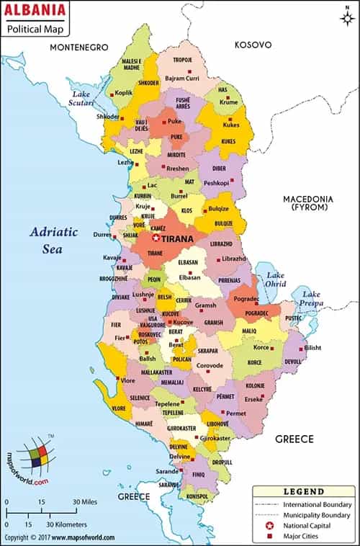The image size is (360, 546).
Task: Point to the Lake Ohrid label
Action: click(276, 280)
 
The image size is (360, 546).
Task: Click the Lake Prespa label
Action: click(312, 298)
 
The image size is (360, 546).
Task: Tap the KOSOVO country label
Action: click(253, 45)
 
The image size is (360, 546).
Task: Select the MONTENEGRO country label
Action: click(78, 47)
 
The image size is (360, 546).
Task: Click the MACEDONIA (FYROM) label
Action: click(307, 203)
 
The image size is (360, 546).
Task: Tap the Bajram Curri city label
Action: click(181, 77)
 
